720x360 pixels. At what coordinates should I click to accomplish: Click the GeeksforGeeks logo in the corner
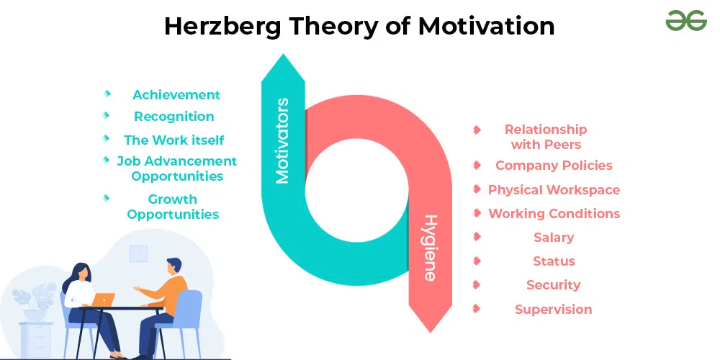coord(685,22)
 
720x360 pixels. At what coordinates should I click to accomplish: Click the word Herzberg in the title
coord(221,27)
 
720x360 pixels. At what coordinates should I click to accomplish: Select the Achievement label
coord(176,95)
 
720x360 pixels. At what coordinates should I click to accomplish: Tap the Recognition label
coord(174,117)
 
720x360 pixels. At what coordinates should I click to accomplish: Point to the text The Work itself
coord(174,140)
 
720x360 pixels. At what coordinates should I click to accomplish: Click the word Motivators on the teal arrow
coord(282,140)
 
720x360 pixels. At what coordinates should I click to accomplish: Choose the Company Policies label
coord(554,166)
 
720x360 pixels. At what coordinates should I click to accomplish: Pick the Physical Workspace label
coord(554,190)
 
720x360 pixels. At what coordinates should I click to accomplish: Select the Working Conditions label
coord(554,214)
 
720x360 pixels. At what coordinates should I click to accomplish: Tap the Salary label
coord(554,238)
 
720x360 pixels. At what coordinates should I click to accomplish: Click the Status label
coord(554,261)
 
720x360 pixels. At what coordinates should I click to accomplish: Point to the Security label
coord(554,285)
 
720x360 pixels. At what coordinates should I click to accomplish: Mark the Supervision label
coord(554,310)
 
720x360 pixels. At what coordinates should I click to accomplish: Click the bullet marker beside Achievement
coord(107,94)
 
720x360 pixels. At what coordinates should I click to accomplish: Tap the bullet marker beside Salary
coord(477,236)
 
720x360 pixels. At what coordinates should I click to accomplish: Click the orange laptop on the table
coord(104,299)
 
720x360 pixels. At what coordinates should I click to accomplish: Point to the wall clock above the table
coord(138,253)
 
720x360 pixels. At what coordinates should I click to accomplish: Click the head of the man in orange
coord(174,269)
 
